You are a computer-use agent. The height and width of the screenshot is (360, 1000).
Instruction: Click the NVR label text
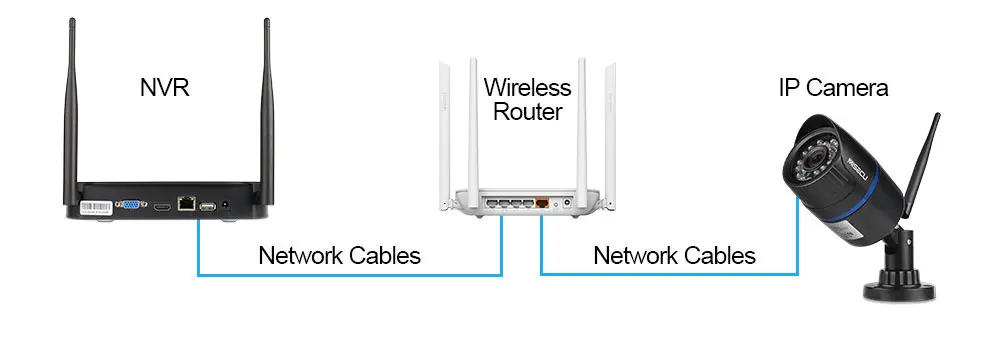(x=165, y=87)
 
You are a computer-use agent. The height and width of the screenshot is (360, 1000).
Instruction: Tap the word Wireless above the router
(x=527, y=87)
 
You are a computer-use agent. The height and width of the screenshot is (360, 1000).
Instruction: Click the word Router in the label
(x=528, y=112)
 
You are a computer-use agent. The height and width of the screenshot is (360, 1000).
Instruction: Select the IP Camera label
(x=834, y=87)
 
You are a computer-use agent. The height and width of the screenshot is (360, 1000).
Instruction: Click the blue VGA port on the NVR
(x=131, y=204)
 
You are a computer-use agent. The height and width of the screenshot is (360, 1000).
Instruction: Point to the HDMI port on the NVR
(x=161, y=207)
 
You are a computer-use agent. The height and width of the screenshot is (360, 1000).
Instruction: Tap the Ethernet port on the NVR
(x=186, y=204)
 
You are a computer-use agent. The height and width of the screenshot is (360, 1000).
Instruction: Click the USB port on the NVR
(x=207, y=206)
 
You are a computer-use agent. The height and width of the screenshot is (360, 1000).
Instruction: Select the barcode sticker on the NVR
(x=96, y=207)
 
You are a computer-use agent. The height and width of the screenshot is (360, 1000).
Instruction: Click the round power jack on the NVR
(x=225, y=206)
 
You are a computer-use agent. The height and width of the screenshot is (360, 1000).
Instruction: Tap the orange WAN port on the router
(x=542, y=203)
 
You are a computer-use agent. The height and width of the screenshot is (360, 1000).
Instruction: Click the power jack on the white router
(x=566, y=204)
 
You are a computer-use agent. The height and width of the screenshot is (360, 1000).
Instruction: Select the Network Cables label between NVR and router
(x=339, y=255)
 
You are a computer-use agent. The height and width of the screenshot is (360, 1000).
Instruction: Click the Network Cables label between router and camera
(x=675, y=255)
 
